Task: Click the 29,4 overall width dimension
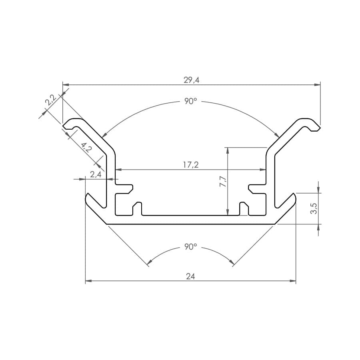click(191, 80)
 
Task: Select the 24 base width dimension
click(190, 276)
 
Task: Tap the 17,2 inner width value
click(191, 165)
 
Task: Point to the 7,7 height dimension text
click(223, 181)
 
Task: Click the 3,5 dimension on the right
click(314, 208)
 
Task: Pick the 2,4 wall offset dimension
click(96, 174)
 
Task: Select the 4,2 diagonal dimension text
click(86, 148)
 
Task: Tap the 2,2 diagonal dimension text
click(50, 100)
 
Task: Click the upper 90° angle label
click(190, 101)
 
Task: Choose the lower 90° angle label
click(190, 247)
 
